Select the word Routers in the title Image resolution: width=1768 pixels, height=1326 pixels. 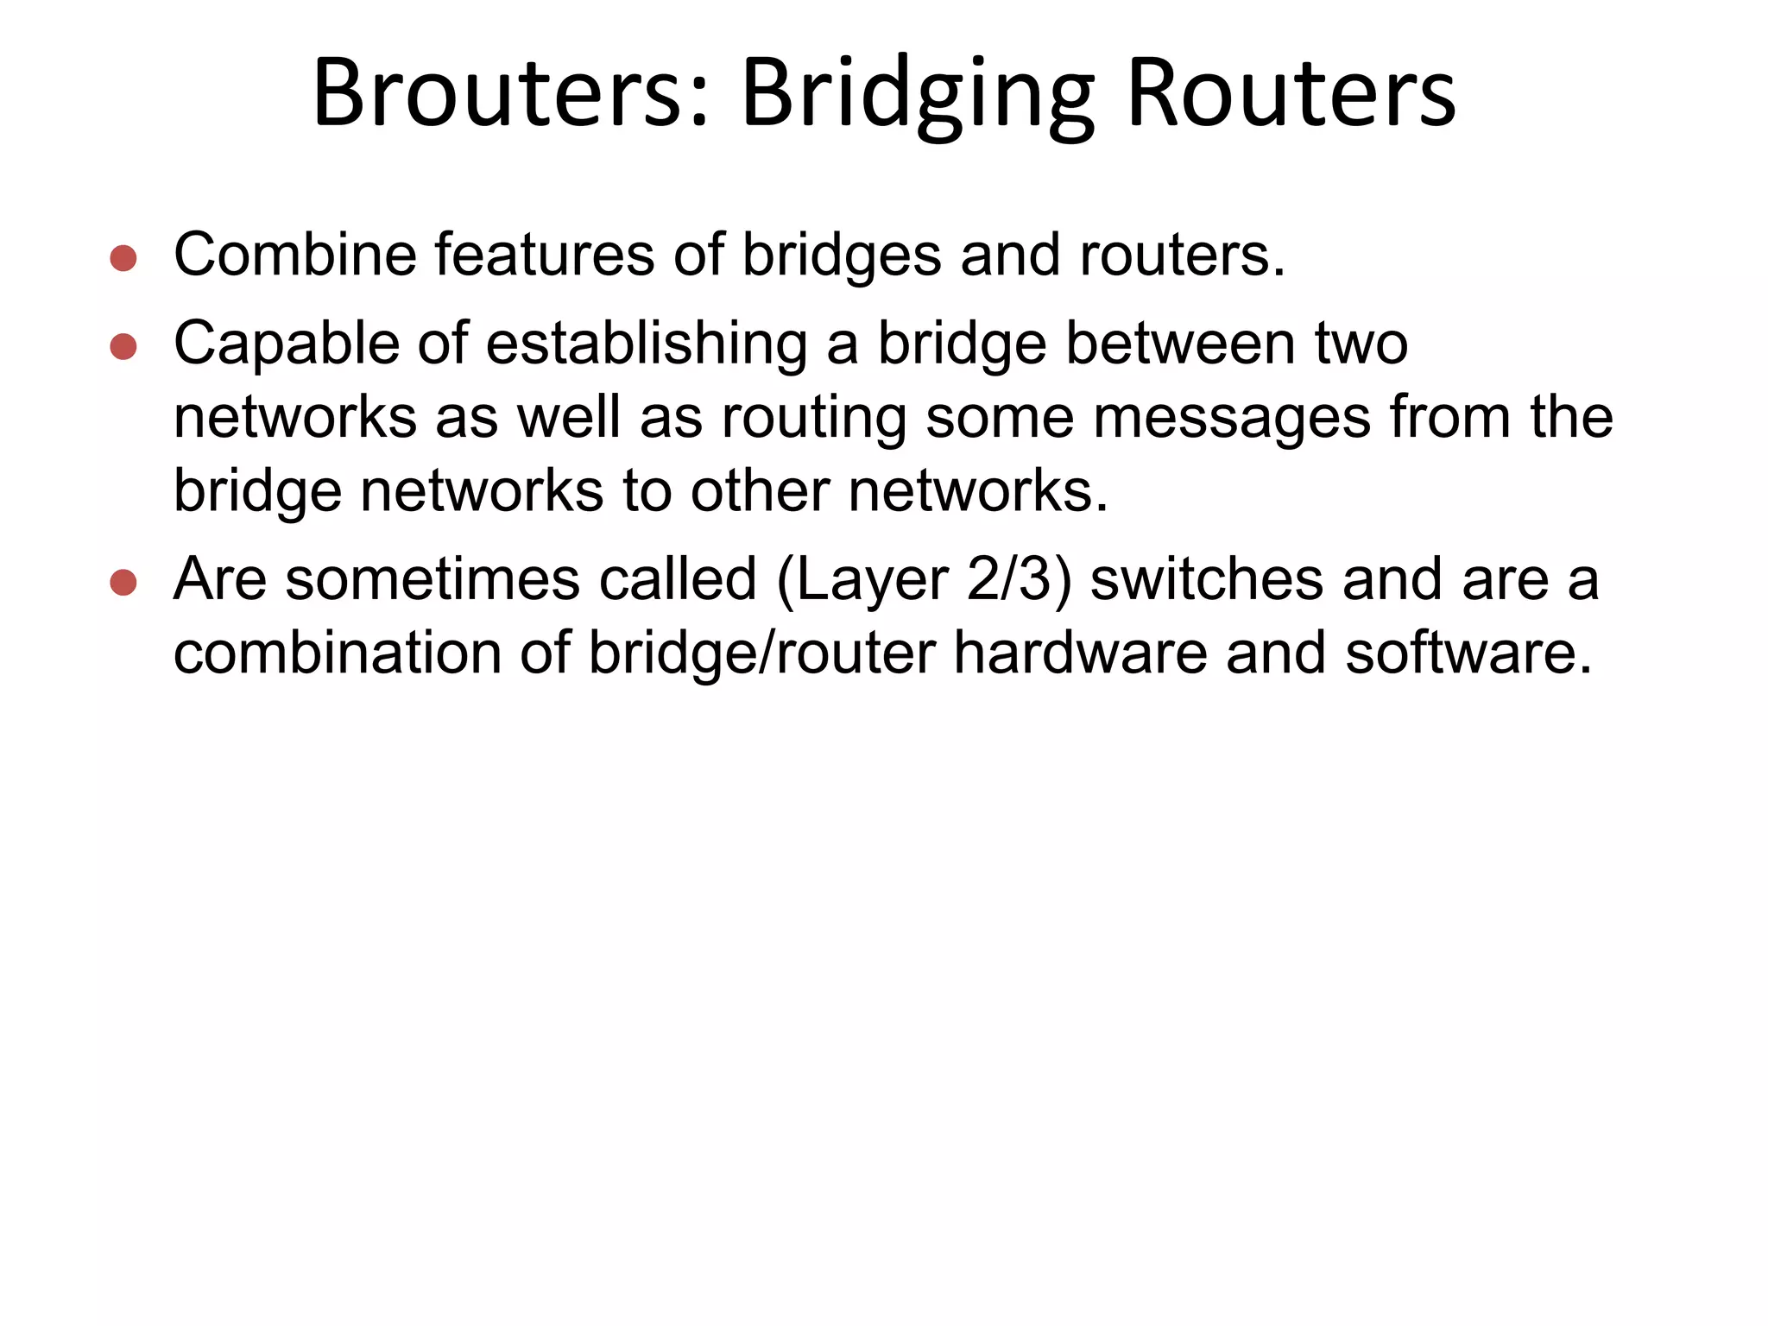(1291, 93)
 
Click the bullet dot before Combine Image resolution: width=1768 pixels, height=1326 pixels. (123, 258)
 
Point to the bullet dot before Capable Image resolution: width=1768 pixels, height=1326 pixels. (123, 346)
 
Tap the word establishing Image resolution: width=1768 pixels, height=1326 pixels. (647, 344)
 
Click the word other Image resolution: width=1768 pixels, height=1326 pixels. (760, 490)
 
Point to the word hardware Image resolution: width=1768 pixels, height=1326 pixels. (1080, 653)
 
